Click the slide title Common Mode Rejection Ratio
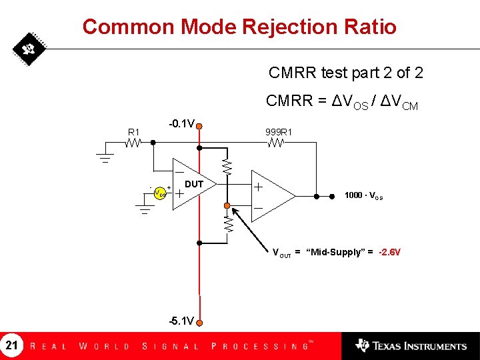(x=239, y=27)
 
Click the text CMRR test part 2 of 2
(x=345, y=72)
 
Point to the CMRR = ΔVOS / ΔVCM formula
(x=341, y=102)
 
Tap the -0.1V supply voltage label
(x=181, y=124)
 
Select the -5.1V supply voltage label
(x=181, y=321)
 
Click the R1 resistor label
(x=134, y=131)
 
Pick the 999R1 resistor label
(x=279, y=131)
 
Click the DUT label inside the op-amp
(x=193, y=184)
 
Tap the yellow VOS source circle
(x=159, y=193)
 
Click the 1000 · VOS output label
(x=363, y=195)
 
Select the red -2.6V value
(x=389, y=253)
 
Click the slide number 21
(x=12, y=345)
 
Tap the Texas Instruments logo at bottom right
(x=411, y=345)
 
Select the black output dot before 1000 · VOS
(x=333, y=196)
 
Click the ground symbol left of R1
(x=105, y=157)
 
